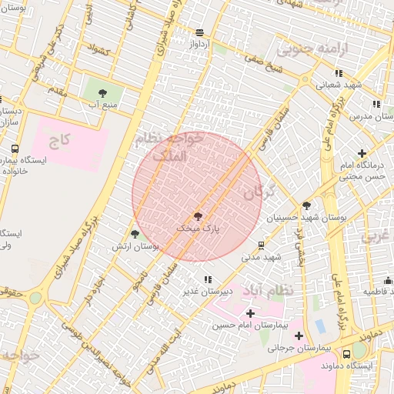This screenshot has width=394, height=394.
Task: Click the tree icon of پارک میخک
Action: point(199,216)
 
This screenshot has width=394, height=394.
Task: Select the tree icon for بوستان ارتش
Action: point(135,234)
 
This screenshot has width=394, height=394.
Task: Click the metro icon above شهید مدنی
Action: point(262,245)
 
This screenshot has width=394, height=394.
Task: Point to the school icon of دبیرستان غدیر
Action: point(207,279)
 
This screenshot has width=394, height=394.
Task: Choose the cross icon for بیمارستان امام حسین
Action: point(250,313)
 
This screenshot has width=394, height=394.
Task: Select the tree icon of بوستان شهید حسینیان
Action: point(307,205)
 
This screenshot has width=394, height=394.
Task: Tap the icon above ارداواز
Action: point(200,32)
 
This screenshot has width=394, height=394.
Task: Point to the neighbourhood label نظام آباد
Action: point(268,291)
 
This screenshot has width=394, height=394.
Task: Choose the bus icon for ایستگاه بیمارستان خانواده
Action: point(15,149)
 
